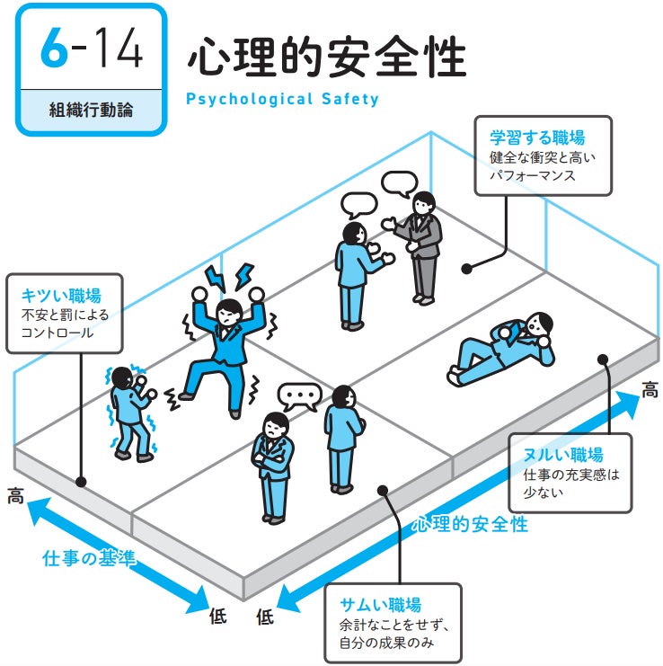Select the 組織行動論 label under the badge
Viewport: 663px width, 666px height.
tap(91, 111)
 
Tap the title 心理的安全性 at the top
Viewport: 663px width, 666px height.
tap(326, 59)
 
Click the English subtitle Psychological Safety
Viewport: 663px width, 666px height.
tap(282, 98)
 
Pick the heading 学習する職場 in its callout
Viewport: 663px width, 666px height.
tap(536, 138)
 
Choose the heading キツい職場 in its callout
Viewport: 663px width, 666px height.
tap(60, 296)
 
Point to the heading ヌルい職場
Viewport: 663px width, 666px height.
tap(562, 454)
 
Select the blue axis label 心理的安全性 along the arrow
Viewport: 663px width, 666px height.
tap(470, 523)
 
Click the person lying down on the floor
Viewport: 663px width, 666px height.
tap(500, 347)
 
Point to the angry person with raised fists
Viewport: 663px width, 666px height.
tap(225, 346)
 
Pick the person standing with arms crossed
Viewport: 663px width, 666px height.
tap(273, 466)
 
